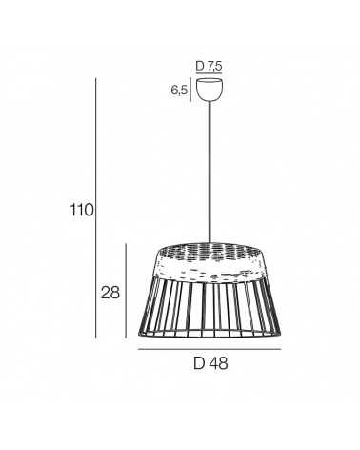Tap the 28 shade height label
110,293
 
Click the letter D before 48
198,363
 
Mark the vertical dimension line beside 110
99,211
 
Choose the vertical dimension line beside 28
128,291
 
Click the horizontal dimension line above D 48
210,349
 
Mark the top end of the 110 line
99,80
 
